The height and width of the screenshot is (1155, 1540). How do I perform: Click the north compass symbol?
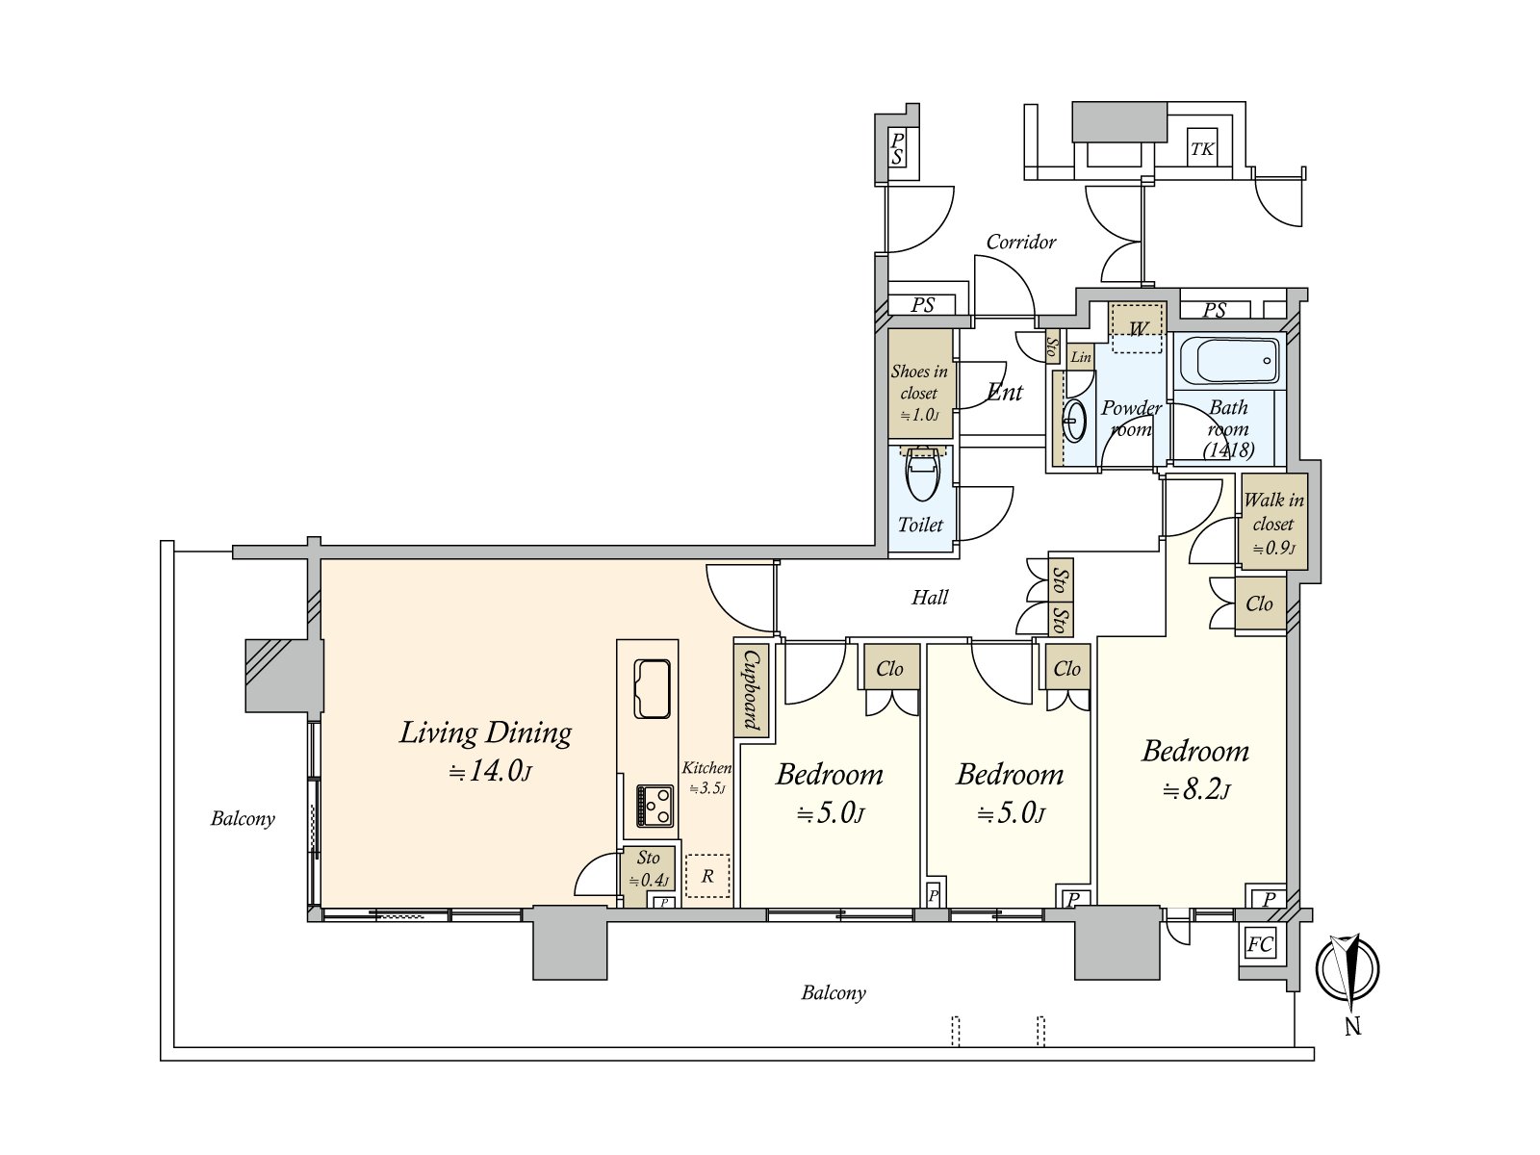point(1347,969)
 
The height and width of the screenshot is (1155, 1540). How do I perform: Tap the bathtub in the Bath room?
point(1229,361)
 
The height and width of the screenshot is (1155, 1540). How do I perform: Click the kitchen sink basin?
point(652,688)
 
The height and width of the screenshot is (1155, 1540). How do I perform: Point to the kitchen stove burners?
point(655,806)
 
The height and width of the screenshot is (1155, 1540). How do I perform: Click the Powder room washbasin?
point(1074,421)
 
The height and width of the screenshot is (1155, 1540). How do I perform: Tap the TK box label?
point(1202,148)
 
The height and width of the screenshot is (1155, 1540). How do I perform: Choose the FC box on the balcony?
point(1259,944)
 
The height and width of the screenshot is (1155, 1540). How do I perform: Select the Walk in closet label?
point(1273,524)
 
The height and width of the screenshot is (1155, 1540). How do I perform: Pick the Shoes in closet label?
point(919,393)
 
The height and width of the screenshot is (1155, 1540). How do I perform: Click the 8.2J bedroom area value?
point(1195,790)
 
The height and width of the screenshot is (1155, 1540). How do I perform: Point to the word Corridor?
point(1021,242)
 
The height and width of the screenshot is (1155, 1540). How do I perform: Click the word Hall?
point(930,598)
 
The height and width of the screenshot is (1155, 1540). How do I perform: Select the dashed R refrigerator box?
point(707,875)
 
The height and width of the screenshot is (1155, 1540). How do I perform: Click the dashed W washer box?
point(1138,327)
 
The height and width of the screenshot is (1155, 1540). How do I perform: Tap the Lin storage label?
point(1081,357)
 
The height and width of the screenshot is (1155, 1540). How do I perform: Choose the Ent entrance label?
point(1005,392)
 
